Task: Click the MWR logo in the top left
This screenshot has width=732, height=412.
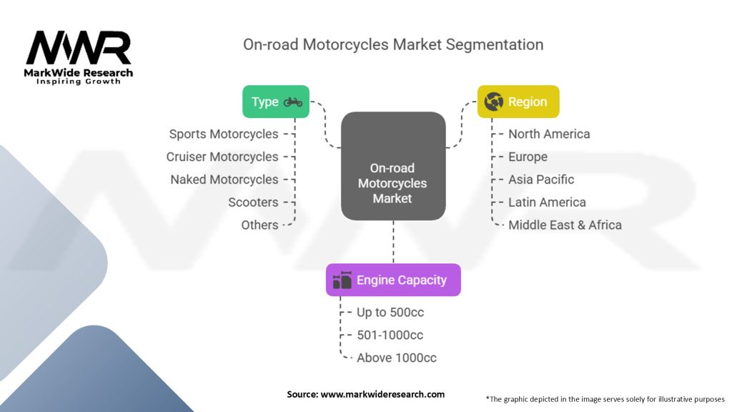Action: [79, 49]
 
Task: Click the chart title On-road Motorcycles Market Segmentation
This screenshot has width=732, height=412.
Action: [393, 44]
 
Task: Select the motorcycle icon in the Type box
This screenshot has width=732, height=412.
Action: [293, 102]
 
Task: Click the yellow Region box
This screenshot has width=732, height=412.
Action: [518, 102]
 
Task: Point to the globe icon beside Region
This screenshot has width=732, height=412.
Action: [494, 102]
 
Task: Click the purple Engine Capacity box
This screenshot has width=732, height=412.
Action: [393, 280]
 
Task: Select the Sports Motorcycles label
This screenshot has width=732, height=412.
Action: [224, 134]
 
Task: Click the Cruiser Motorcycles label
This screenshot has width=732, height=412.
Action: [222, 157]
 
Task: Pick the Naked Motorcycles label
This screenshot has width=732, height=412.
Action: [224, 180]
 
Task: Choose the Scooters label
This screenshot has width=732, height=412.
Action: [253, 202]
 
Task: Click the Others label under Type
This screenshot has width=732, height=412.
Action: [259, 225]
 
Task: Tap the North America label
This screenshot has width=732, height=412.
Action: [549, 134]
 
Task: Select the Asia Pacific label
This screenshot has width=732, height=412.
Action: [541, 180]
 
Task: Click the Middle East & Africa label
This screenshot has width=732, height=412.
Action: [565, 225]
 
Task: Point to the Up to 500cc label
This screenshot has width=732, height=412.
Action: [390, 312]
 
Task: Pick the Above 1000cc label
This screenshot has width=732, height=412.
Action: [397, 358]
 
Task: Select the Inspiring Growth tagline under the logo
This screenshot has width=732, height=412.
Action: [79, 82]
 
